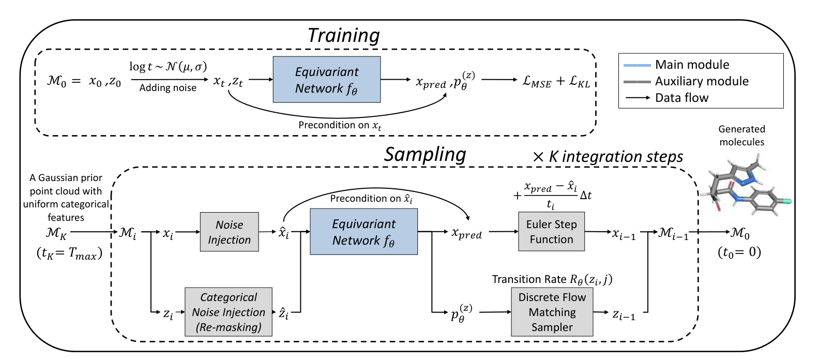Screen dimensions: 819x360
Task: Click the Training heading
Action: [344, 36]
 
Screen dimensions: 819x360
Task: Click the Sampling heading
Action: [425, 154]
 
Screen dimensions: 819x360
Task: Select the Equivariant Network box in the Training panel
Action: [327, 79]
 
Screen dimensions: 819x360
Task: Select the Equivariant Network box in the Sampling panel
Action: [364, 232]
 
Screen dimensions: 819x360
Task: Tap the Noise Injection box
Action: [229, 232]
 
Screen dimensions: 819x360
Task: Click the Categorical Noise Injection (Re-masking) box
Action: [229, 312]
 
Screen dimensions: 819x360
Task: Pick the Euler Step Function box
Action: [551, 232]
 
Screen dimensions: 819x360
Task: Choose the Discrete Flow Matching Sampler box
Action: [552, 312]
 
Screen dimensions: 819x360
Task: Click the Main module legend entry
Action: [676, 65]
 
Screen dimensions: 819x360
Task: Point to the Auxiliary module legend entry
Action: [686, 81]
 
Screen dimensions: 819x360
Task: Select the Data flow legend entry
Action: [666, 98]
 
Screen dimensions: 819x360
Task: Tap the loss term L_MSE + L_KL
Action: [556, 81]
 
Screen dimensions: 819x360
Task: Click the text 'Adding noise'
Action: [168, 88]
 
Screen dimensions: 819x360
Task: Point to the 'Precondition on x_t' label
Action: [340, 126]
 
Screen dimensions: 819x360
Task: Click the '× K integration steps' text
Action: [608, 157]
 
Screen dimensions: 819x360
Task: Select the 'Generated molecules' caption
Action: [741, 136]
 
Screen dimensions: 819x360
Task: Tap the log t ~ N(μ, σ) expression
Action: [168, 67]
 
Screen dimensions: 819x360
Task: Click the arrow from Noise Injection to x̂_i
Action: [268, 232]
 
